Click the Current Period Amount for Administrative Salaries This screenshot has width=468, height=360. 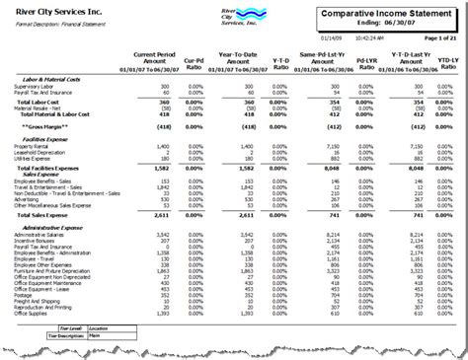[x=166, y=235]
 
